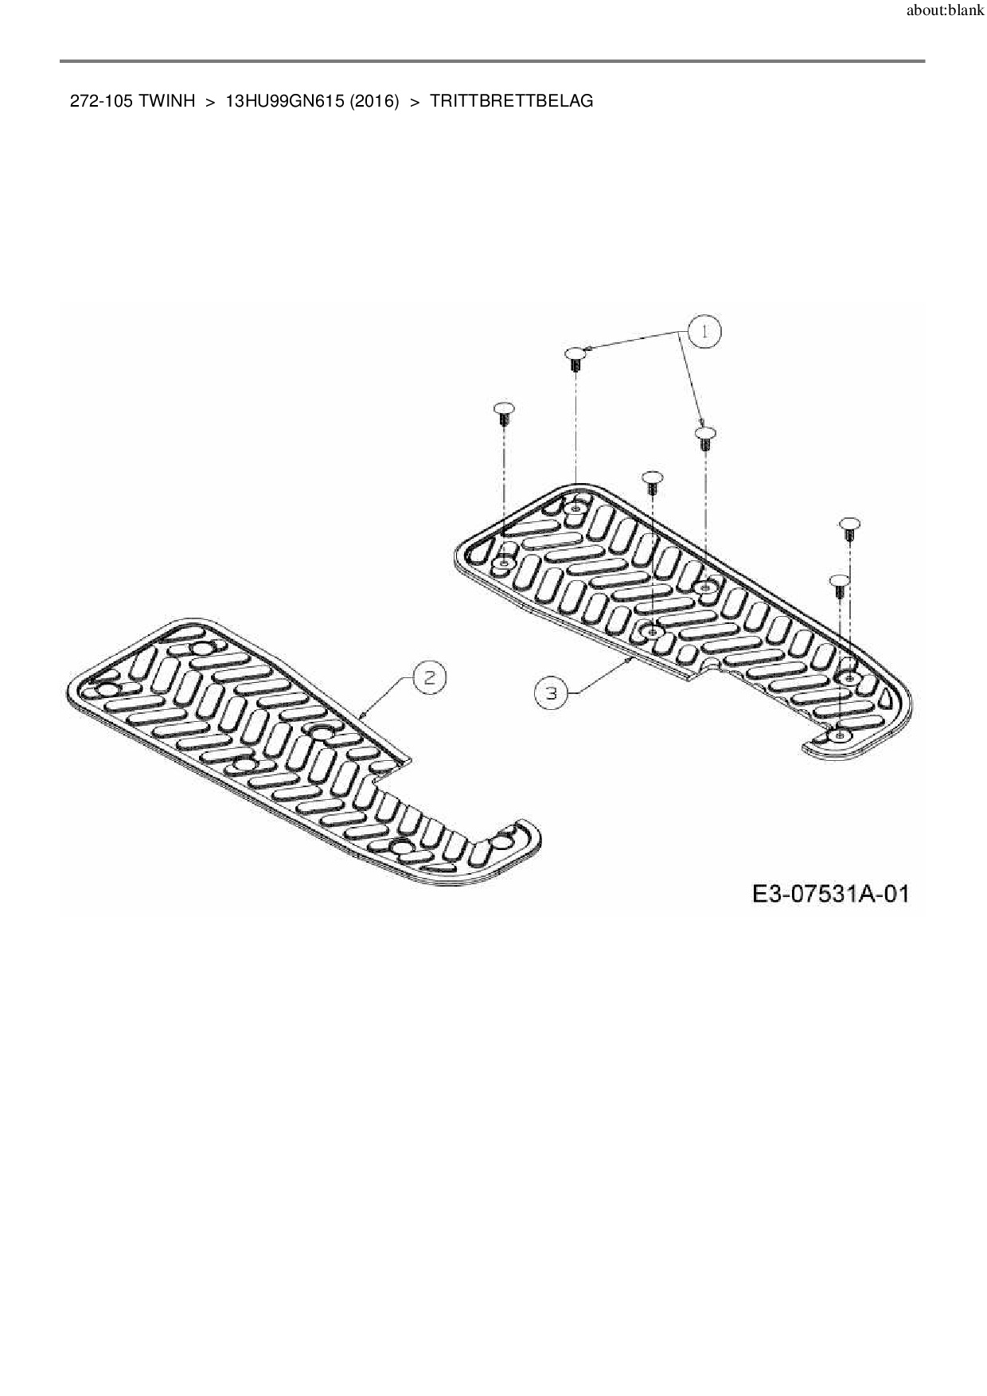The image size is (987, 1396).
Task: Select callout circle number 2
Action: click(429, 677)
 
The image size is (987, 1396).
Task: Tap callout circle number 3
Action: click(550, 692)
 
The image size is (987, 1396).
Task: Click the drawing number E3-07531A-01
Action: click(830, 894)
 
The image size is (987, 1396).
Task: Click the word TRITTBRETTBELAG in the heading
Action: click(511, 101)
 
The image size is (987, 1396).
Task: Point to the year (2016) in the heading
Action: click(374, 101)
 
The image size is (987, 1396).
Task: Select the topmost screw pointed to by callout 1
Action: click(575, 357)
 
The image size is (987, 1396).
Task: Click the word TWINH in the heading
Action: click(167, 101)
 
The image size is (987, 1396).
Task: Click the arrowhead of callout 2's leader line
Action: click(362, 716)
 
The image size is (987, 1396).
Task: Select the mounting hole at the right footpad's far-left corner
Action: click(502, 563)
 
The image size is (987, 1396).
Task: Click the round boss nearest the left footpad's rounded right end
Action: click(502, 838)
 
